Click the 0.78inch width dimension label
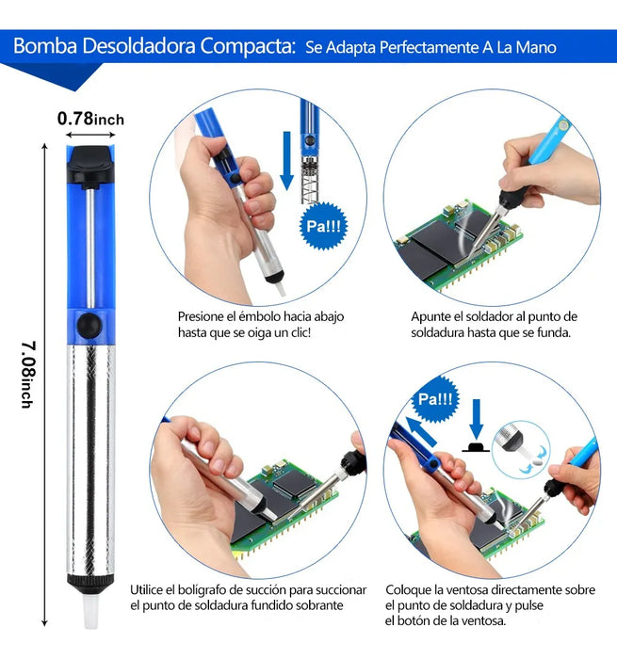coord(90,119)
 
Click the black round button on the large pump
coord(89,324)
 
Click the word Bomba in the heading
coord(46,46)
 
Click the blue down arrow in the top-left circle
coord(287,160)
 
